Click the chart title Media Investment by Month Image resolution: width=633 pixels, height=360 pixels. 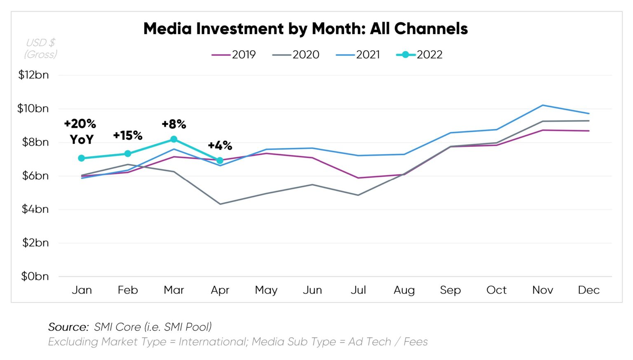305,29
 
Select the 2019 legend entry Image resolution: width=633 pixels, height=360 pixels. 234,54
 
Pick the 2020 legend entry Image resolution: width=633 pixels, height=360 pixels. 295,54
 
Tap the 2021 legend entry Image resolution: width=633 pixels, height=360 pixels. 358,54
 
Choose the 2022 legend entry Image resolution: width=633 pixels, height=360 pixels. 419,54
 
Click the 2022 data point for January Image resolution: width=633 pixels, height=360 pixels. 82,158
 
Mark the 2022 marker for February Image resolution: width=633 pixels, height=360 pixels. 128,153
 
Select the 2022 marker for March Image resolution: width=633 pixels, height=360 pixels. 174,139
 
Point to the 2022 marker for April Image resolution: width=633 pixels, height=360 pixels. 220,160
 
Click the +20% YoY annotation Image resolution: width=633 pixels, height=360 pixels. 80,131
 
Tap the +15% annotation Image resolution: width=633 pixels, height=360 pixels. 128,135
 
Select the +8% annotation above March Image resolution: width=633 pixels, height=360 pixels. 174,124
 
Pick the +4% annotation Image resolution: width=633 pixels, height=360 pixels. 220,145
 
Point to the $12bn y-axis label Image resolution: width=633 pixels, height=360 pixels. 33,75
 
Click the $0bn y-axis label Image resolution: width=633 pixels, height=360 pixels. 35,276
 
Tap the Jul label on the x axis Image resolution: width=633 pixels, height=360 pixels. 358,290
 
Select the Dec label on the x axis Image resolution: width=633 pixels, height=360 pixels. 588,290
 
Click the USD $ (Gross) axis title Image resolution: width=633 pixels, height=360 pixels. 40,48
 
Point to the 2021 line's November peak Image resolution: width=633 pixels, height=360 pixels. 543,105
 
